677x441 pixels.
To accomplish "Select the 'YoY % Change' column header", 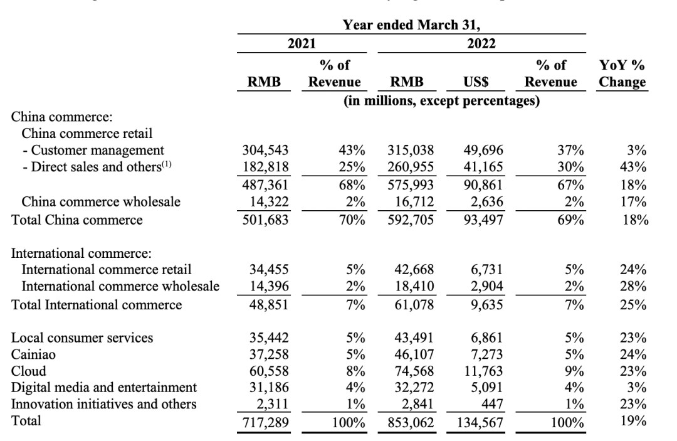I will pos(622,73).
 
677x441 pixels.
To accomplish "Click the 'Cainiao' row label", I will pos(34,354).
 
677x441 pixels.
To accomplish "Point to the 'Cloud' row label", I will pos(28,371).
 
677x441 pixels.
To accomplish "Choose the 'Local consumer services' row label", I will pos(82,338).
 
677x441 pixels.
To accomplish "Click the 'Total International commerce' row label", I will pos(97,306).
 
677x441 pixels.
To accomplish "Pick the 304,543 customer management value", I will pos(266,151).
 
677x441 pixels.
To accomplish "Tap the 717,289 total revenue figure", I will pos(266,421).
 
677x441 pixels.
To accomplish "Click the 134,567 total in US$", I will pos(481,421).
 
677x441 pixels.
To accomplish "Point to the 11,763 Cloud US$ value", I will pos(483,371).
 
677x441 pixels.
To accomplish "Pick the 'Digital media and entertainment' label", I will pos(104,387).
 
